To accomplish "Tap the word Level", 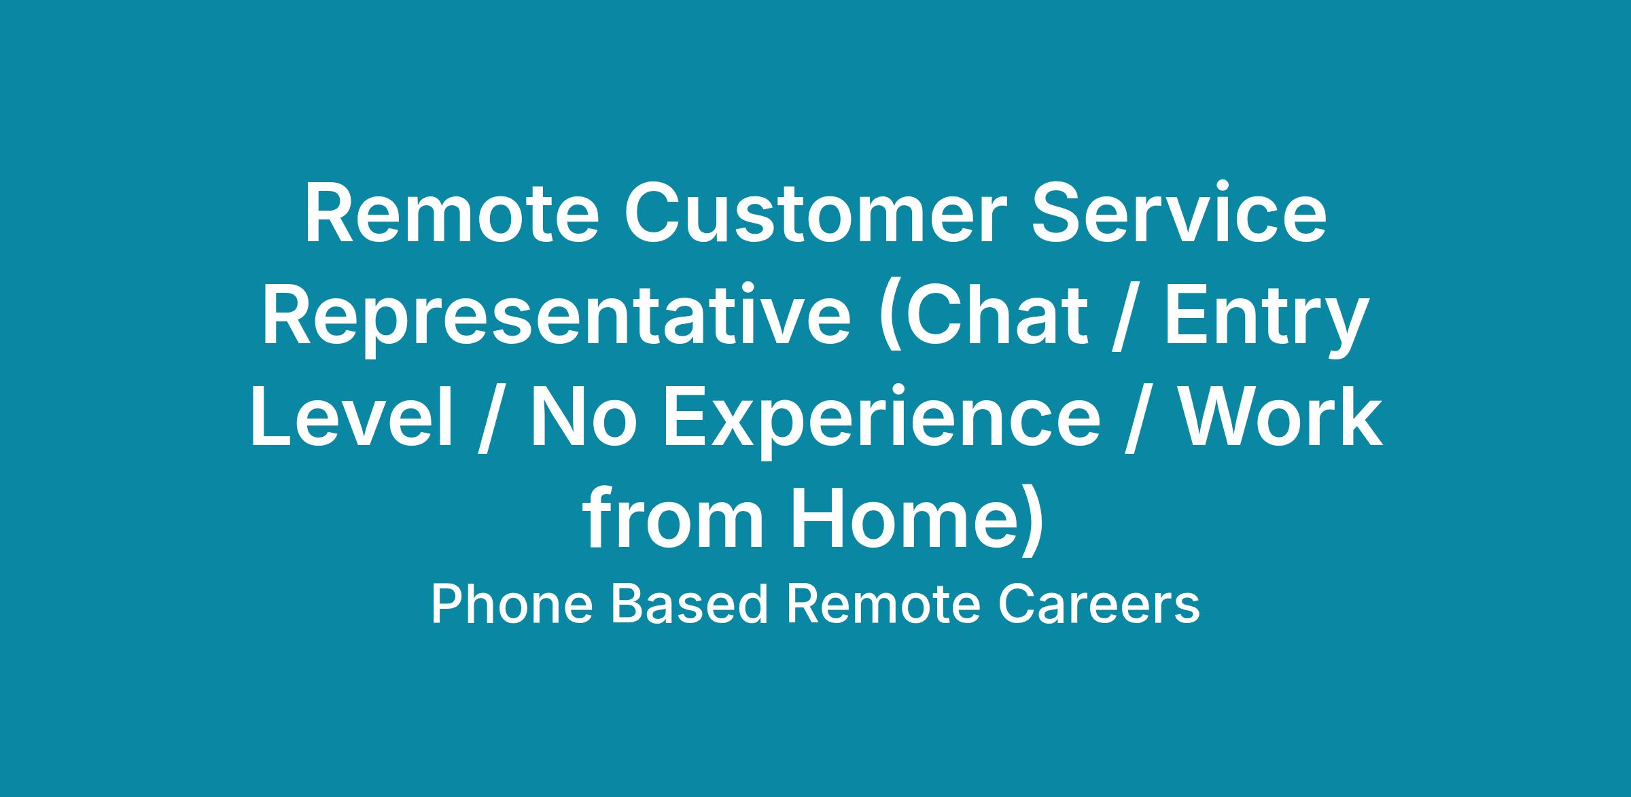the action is click(352, 417).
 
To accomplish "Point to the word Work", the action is click(1278, 417).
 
